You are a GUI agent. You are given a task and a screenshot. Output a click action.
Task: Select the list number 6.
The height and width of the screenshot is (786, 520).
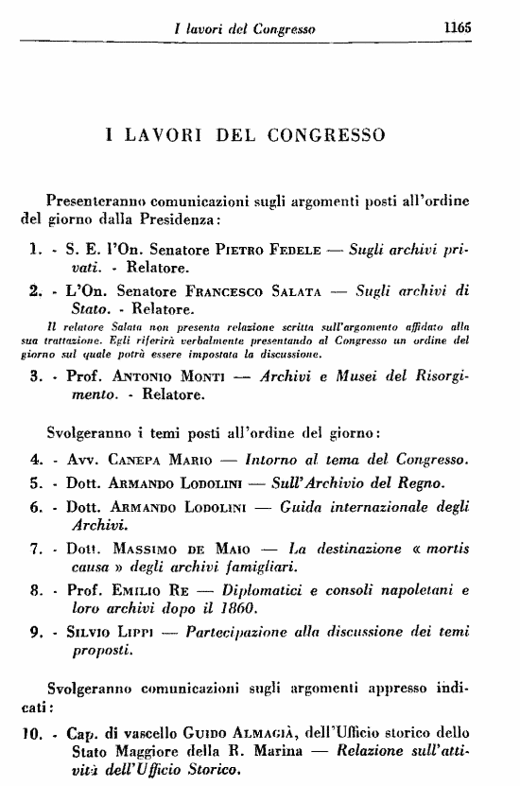[x=33, y=506]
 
